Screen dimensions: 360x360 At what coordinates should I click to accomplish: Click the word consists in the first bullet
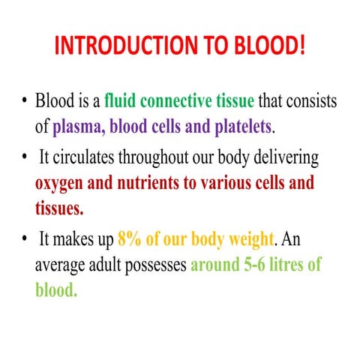[x=309, y=100]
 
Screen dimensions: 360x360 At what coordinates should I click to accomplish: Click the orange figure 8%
[x=129, y=242]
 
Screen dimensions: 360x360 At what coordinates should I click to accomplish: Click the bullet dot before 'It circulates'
[x=26, y=158]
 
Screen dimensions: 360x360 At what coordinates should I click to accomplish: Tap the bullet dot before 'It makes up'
[x=26, y=242]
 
